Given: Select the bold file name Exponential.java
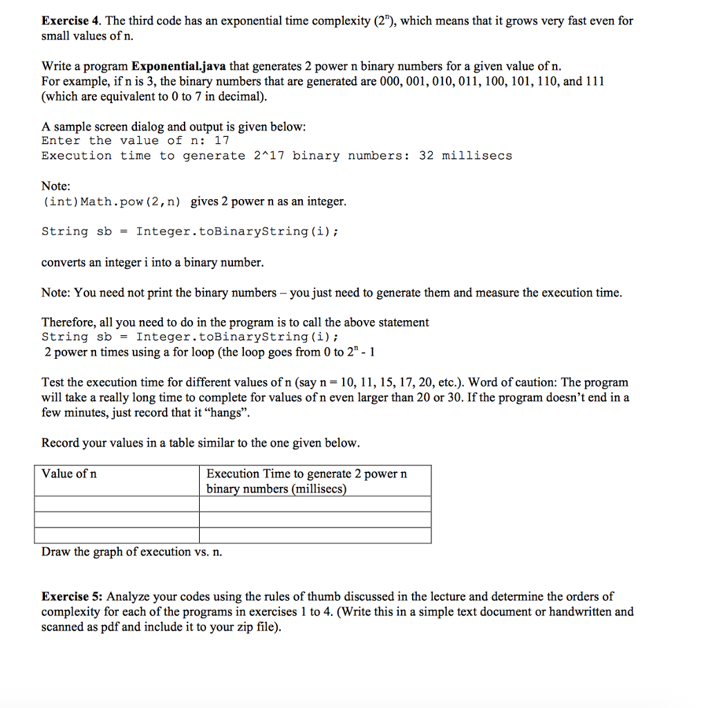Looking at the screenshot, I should click(178, 66).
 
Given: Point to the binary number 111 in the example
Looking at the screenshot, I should click(594, 82).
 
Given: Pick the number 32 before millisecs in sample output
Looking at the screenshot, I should click(427, 156).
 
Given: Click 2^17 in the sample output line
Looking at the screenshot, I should click(267, 156).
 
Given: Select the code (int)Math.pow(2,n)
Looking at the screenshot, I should click(112, 202).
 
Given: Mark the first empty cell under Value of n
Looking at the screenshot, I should click(117, 504).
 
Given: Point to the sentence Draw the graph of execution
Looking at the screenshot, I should click(132, 552).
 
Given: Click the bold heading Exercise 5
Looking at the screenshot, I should click(73, 596).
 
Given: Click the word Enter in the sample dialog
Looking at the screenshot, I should click(61, 140).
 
